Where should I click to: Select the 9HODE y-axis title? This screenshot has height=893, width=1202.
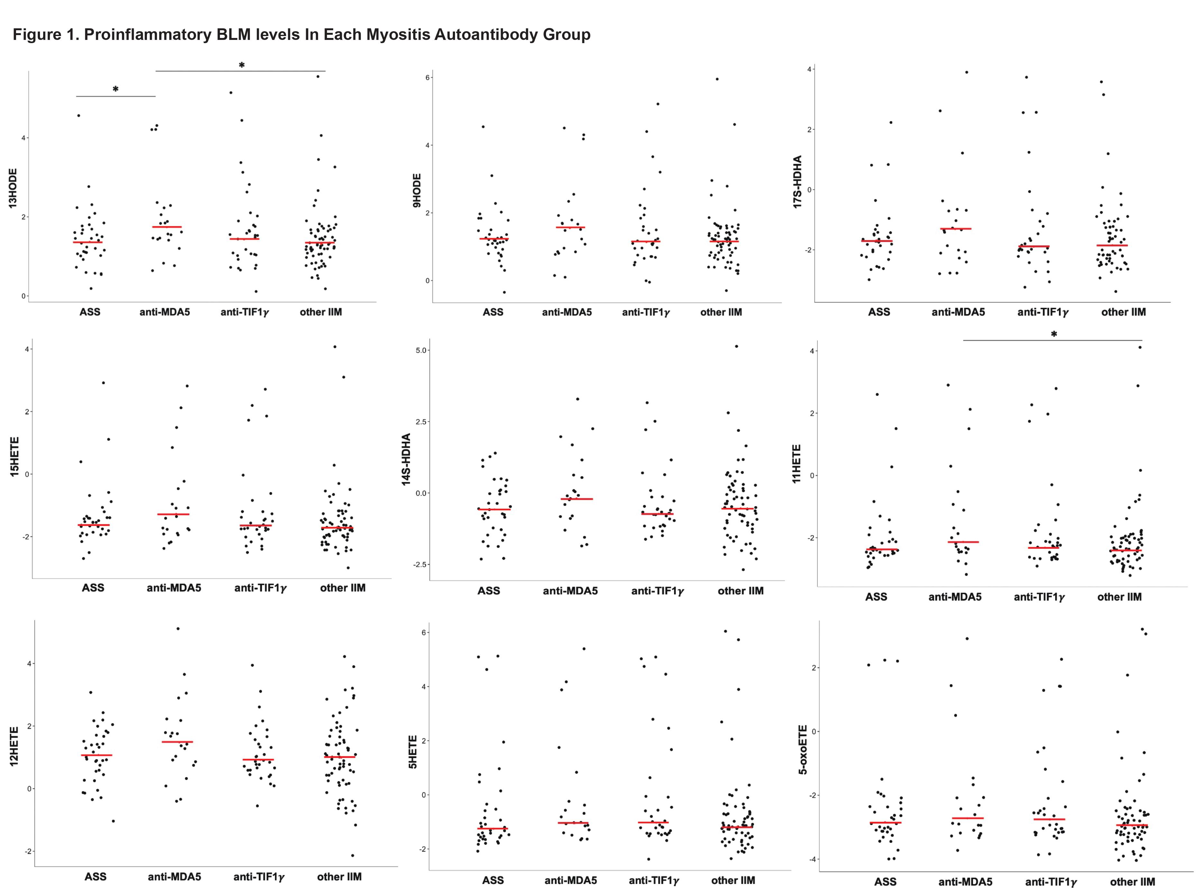tap(416, 190)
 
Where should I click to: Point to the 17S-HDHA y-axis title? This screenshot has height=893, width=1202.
tap(797, 181)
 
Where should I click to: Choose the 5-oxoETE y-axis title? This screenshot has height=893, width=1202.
tap(803, 749)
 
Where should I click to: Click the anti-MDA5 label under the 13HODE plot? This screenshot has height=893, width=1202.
tap(165, 312)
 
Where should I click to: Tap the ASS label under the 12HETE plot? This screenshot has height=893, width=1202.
tap(95, 876)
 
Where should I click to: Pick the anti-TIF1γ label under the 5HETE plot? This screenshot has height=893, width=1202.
tap(654, 880)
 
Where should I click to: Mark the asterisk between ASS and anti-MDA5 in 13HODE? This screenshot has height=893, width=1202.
tap(116, 89)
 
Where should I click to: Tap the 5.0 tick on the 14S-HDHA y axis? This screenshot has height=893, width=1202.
tap(421, 350)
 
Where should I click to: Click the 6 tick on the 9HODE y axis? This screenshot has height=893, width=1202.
tap(427, 77)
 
